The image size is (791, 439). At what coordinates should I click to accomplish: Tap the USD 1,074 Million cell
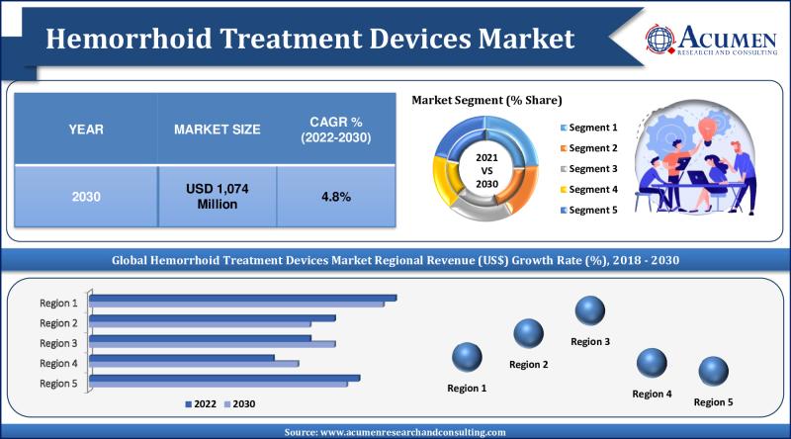point(217,196)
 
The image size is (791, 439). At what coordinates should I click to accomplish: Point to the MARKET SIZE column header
point(217,130)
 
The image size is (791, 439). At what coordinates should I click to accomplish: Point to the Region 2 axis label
point(58,322)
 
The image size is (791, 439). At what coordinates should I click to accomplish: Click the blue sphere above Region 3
point(590,311)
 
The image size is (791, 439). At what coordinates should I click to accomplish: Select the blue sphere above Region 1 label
point(467,357)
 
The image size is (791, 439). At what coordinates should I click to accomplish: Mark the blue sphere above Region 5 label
point(713,373)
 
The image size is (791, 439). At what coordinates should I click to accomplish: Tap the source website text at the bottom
point(395,432)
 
